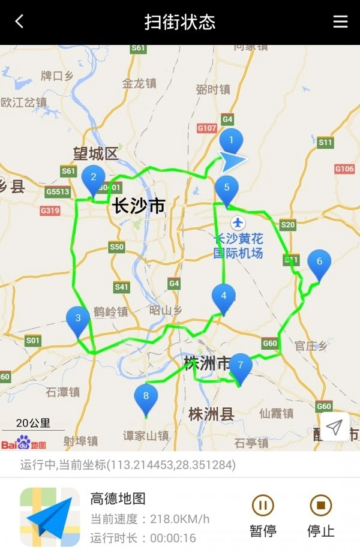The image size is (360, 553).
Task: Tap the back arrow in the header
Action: (x=19, y=22)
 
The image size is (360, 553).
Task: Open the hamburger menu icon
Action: (x=340, y=22)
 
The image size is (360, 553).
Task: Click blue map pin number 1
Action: (x=231, y=142)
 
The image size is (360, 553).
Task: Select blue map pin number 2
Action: (x=93, y=178)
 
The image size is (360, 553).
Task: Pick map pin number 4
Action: (x=224, y=296)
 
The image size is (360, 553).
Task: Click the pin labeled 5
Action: (x=227, y=188)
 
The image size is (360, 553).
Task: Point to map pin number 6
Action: (x=319, y=262)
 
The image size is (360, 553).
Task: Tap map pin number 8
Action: (x=146, y=396)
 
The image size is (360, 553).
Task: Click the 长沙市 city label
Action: (x=138, y=206)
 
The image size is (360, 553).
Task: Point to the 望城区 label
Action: (x=96, y=154)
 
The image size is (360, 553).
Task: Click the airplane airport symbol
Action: (x=238, y=223)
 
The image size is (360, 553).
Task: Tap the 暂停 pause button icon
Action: (x=262, y=506)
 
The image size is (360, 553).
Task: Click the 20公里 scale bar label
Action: (x=33, y=423)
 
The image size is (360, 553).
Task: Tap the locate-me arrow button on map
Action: (x=334, y=426)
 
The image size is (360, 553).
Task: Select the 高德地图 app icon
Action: (x=50, y=516)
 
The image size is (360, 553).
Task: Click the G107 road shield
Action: (x=207, y=128)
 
